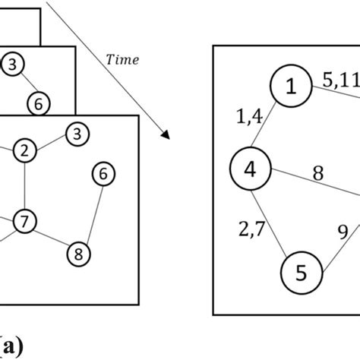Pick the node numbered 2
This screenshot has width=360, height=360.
click(x=25, y=150)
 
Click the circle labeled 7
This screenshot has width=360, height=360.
click(x=26, y=222)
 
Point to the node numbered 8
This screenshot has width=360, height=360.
click(x=77, y=251)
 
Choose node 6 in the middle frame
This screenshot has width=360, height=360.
click(x=41, y=101)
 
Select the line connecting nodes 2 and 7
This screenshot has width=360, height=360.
click(x=25, y=186)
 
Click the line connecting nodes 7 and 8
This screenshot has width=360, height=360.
click(x=52, y=237)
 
